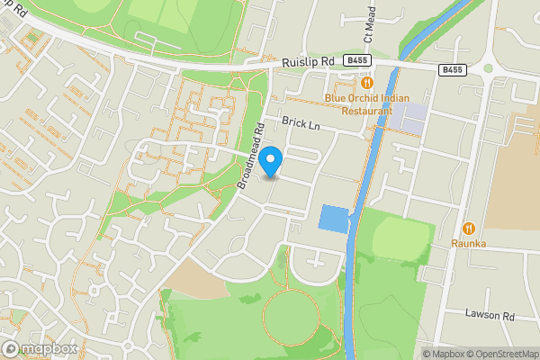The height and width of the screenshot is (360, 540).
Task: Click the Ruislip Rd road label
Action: pyautogui.click(x=308, y=61)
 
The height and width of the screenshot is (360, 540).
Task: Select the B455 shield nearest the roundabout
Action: pyautogui.click(x=454, y=68)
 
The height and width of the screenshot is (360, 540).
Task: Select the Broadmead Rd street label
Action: pyautogui.click(x=250, y=155)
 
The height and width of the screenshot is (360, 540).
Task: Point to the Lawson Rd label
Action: pyautogui.click(x=489, y=314)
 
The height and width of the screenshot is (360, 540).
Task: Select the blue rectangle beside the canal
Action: pyautogui.click(x=333, y=219)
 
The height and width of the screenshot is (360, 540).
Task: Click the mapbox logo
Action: pyautogui.click(x=39, y=348)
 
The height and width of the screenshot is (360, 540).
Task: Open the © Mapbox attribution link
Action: pyautogui.click(x=444, y=354)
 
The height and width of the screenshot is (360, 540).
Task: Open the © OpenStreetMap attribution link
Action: pyautogui.click(x=502, y=354)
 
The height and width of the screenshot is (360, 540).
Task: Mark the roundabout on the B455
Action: pyautogui.click(x=488, y=67)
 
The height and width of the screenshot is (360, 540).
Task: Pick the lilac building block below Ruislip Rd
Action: pyautogui.click(x=406, y=118)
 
